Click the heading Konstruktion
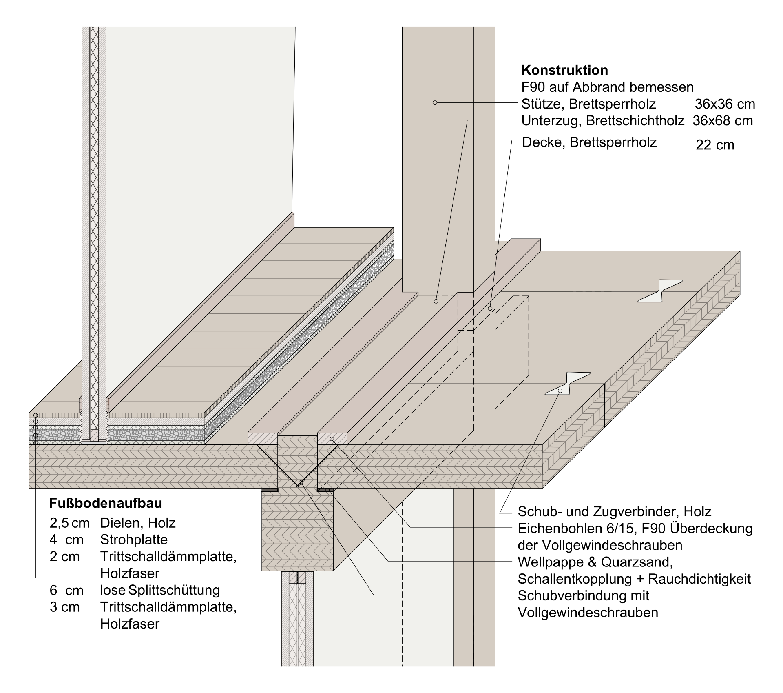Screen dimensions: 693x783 point(564,70)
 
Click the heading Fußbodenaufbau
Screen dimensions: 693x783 point(106,503)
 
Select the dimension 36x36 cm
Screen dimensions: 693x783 point(725,104)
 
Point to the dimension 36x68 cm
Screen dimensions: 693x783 point(722,121)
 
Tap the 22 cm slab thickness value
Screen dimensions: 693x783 point(714,145)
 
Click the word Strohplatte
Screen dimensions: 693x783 point(134,540)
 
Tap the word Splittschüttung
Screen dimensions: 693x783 point(174,590)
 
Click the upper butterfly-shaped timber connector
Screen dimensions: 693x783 point(660,291)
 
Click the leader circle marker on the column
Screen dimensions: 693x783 point(435,103)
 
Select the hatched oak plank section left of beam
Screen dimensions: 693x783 point(263,439)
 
